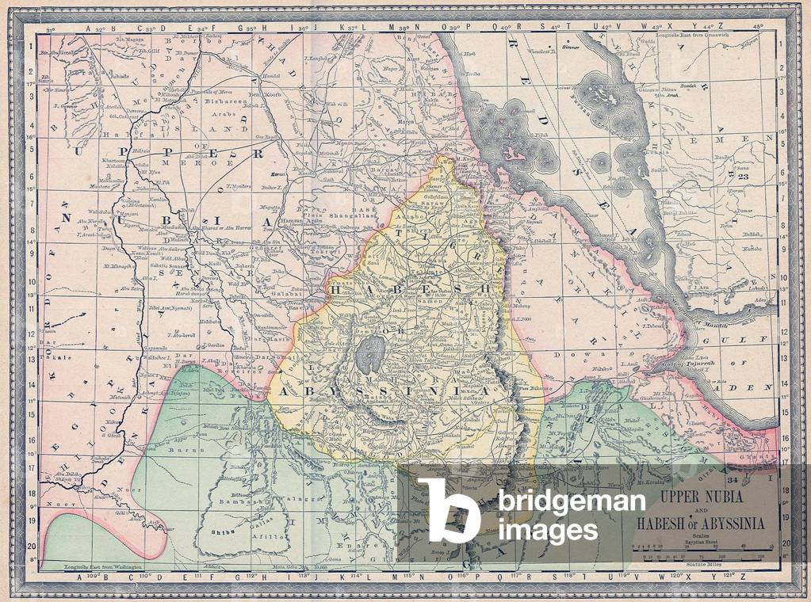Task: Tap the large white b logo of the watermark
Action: (449, 510)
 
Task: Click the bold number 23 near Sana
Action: (743, 177)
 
